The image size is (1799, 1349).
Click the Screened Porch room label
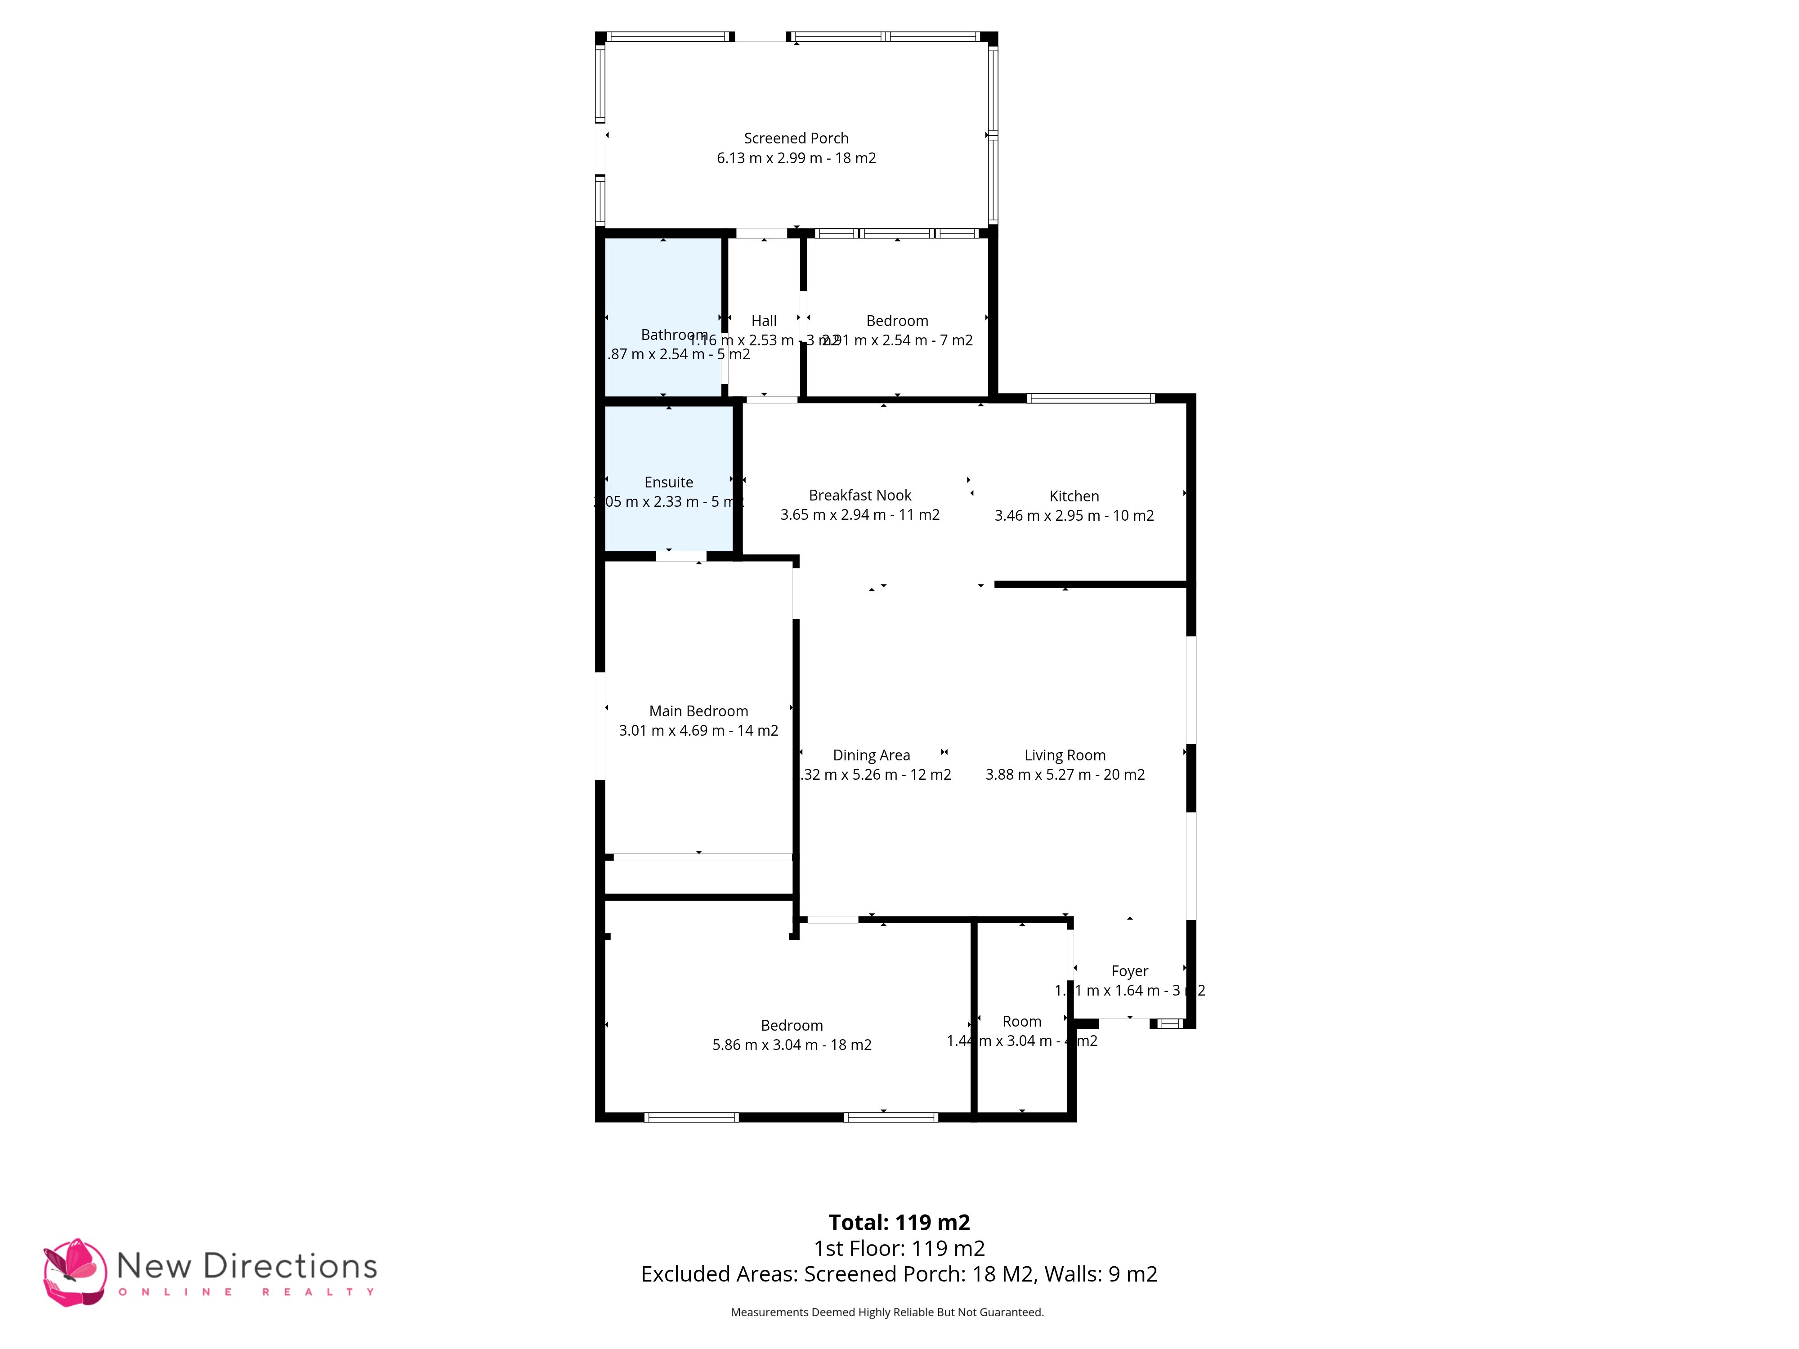tap(796, 138)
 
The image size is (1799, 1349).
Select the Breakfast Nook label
tap(859, 495)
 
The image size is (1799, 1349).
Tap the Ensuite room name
tap(668, 482)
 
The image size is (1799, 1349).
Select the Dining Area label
tap(871, 755)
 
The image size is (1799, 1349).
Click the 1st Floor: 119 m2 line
tap(899, 1248)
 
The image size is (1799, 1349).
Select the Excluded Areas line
tap(899, 1274)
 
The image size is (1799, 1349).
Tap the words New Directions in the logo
tap(246, 1266)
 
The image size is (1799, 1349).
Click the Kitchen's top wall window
tap(1090, 398)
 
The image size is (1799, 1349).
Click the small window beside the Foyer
tap(1169, 1024)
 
